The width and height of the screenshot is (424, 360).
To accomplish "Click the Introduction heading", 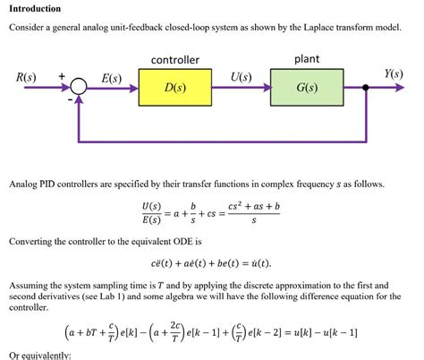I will (35, 8).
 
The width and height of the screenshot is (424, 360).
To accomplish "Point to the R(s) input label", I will (27, 77).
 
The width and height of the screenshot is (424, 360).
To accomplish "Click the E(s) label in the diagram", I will (111, 78).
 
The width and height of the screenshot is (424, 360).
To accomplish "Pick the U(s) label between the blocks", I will (240, 77).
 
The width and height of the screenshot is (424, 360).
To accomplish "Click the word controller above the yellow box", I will (174, 60).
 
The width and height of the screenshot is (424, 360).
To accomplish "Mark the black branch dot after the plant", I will (366, 88).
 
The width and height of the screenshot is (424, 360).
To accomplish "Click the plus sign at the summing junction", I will (62, 78).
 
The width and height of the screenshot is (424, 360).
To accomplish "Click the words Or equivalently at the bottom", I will (39, 355).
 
